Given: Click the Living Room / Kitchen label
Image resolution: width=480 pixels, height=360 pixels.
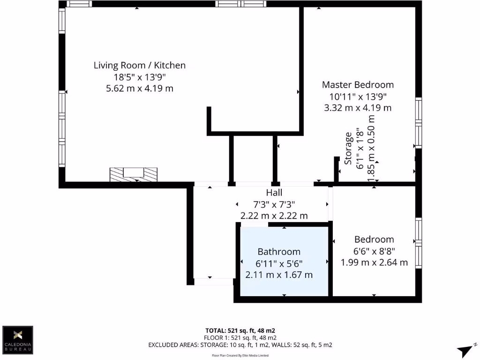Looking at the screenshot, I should pyautogui.click(x=140, y=65).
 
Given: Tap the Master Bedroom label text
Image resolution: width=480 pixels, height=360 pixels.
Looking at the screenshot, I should pyautogui.click(x=358, y=85).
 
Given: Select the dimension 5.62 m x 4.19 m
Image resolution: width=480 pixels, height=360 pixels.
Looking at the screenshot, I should pyautogui.click(x=140, y=88).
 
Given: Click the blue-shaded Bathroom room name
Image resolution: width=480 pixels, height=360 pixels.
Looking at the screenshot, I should pyautogui.click(x=279, y=252).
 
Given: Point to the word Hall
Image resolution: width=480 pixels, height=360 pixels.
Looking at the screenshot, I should pyautogui.click(x=274, y=193).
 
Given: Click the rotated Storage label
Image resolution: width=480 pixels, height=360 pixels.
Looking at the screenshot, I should pyautogui.click(x=348, y=149).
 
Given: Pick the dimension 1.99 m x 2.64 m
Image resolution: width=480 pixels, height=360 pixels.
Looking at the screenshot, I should pyautogui.click(x=374, y=262).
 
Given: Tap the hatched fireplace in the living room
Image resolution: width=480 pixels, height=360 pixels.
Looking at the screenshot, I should pyautogui.click(x=134, y=174).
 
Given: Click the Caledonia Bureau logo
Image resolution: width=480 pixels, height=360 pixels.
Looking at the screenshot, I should pyautogui.click(x=18, y=340).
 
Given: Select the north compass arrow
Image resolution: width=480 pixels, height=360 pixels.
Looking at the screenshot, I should pyautogui.click(x=466, y=350).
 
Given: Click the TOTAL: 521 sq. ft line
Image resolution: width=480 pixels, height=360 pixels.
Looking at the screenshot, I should pyautogui.click(x=240, y=330).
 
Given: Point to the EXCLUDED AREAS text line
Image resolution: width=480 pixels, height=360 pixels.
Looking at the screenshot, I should pyautogui.click(x=240, y=345).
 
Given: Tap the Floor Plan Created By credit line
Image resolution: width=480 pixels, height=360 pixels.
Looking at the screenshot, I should pyautogui.click(x=240, y=356).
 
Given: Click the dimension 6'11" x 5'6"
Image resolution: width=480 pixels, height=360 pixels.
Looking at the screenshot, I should pyautogui.click(x=279, y=263).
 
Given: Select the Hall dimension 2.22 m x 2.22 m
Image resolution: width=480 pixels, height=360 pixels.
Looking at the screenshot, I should pyautogui.click(x=274, y=216).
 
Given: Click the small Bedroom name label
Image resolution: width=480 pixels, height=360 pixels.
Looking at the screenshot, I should pyautogui.click(x=374, y=239).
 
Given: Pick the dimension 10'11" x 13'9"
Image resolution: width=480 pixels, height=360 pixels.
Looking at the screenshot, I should pyautogui.click(x=358, y=97).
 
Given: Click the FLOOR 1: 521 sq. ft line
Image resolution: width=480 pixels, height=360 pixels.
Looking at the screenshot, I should pyautogui.click(x=240, y=337).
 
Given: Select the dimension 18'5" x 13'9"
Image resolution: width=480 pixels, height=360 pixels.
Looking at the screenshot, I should pyautogui.click(x=140, y=77).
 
